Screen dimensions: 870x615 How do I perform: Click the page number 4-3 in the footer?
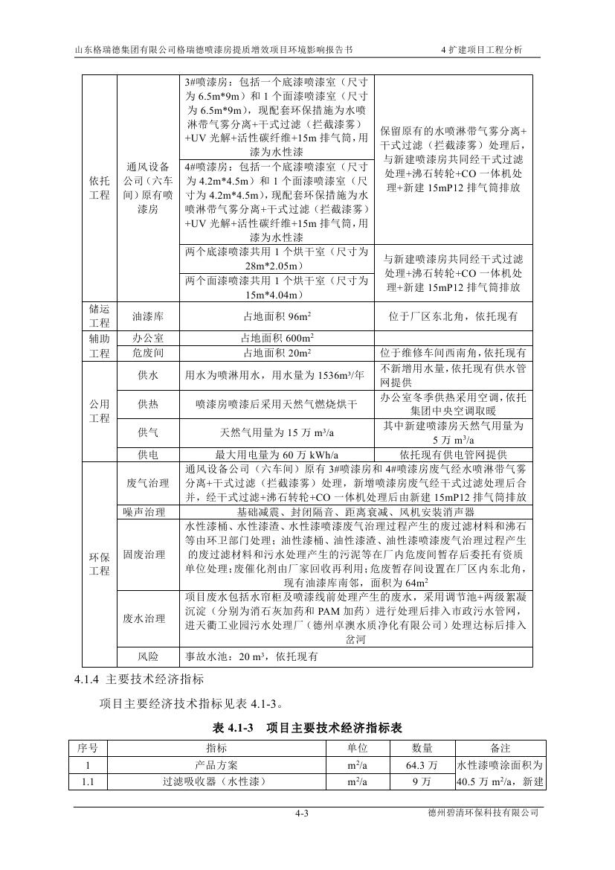[301, 813]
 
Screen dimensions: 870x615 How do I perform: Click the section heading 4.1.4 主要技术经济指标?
[139, 679]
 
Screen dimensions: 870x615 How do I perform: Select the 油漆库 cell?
[148, 316]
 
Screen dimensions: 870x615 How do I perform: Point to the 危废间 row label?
[148, 353]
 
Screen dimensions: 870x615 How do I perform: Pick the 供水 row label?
[148, 376]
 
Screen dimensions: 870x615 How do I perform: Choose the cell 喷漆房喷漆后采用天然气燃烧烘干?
[277, 405]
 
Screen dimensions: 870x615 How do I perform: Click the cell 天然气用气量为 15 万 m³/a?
[277, 432]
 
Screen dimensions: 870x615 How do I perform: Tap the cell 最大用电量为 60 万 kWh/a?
[277, 454]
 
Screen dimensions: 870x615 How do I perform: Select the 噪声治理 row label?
[148, 512]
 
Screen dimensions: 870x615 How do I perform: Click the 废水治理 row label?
[148, 618]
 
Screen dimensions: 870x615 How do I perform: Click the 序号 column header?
[88, 748]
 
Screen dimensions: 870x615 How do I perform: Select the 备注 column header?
[500, 748]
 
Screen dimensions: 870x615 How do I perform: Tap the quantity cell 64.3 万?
[422, 764]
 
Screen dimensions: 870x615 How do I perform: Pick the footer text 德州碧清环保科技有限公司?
[488, 813]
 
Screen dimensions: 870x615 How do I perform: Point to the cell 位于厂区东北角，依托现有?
[453, 316]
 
